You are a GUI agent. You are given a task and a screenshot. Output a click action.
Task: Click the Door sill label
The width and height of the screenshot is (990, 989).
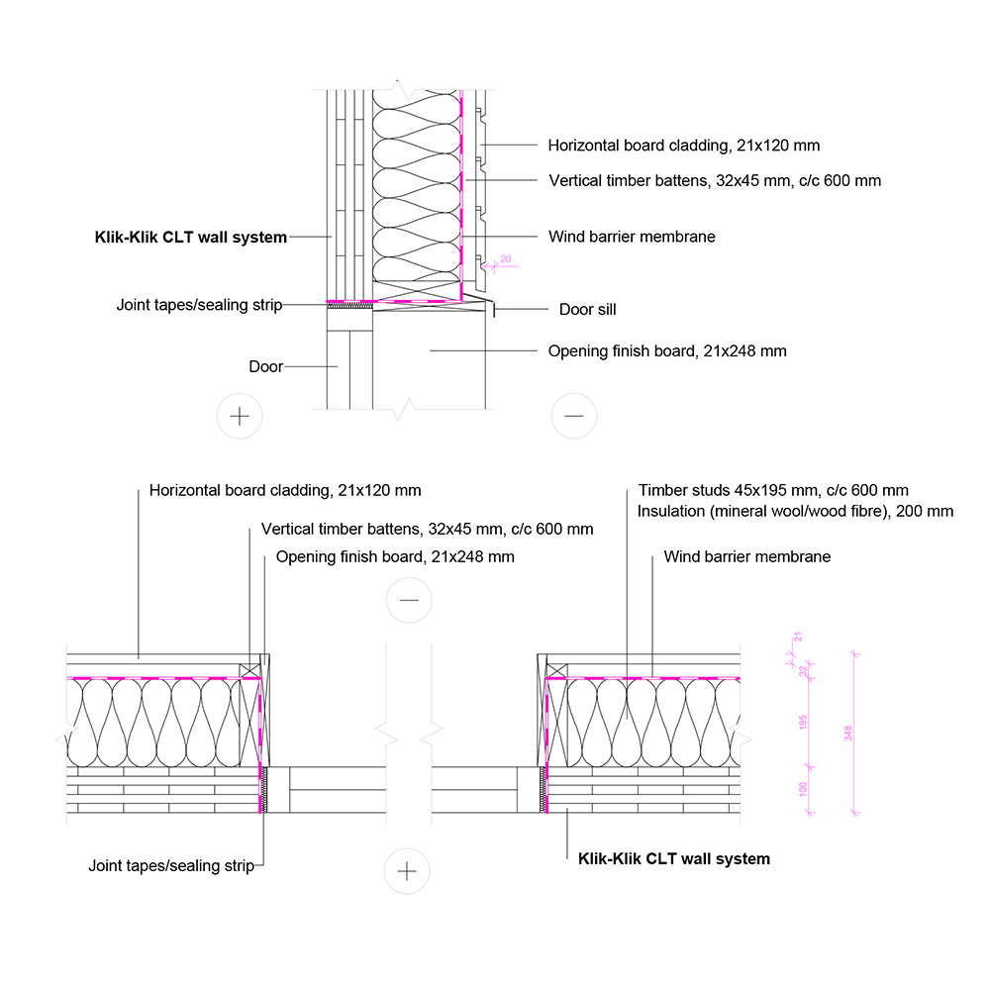point(587,310)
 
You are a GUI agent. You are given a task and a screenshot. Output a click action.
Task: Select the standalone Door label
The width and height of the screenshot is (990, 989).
point(265,367)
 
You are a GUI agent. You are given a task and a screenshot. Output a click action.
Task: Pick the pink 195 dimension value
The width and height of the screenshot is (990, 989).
point(803,725)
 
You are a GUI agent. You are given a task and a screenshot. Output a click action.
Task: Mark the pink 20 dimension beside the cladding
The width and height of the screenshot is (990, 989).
point(505,259)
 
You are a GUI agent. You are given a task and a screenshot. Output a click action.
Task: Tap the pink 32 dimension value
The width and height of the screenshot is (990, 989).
point(803,670)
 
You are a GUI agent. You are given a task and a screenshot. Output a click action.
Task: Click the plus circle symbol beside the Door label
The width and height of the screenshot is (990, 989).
point(239,416)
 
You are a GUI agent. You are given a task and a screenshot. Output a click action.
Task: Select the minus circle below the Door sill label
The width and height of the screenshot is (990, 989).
point(574,416)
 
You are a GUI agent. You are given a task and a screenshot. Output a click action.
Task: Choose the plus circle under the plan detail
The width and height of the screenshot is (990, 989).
point(407,870)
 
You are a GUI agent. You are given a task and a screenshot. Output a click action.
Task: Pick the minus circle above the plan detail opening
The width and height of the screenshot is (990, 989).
point(409,600)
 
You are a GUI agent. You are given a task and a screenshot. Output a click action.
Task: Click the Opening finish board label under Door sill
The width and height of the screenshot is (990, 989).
point(667,351)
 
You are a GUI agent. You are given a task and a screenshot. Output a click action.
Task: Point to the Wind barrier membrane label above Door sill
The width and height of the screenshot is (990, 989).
point(632,237)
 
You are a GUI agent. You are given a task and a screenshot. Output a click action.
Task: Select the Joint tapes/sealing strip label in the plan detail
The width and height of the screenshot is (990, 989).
point(170,866)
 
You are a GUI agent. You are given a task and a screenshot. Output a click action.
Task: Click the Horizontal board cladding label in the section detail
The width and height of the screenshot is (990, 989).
point(683,146)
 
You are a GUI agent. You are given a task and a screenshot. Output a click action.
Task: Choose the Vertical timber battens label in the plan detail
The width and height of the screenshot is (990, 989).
point(427,530)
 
